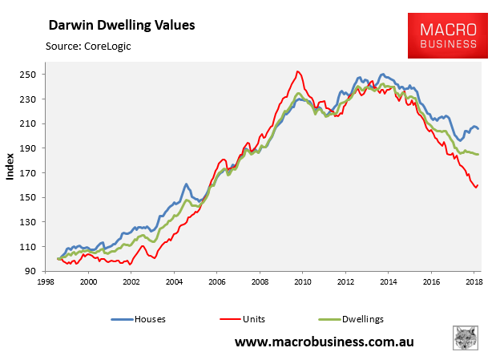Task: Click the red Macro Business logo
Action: [447, 35]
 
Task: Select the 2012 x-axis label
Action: [344, 283]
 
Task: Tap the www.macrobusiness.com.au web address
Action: [335, 342]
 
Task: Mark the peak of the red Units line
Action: [298, 71]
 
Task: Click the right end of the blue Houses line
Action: [478, 129]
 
